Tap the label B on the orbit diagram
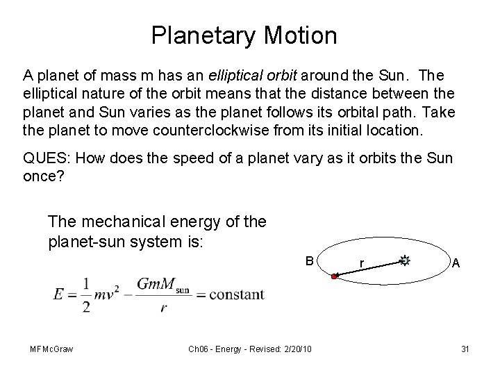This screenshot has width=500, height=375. coord(310,260)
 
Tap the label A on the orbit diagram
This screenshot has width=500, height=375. coord(456,262)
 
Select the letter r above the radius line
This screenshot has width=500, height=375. coord(362,263)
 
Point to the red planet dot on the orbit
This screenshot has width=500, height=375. coord(334,277)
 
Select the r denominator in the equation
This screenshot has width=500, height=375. coord(163,307)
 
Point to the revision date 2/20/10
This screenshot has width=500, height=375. coord(297,348)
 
